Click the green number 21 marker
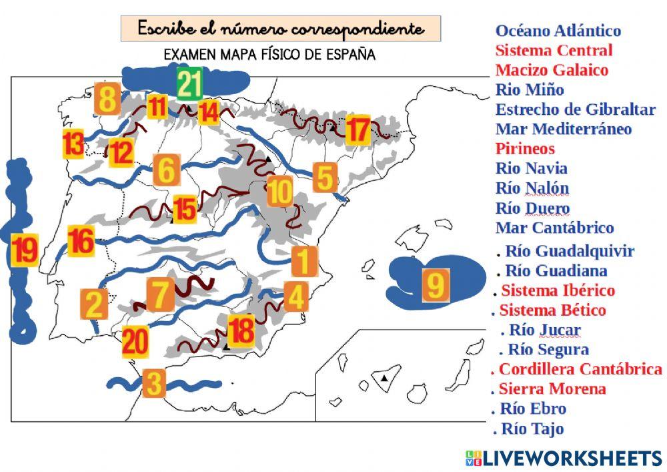pyautogui.click(x=189, y=84)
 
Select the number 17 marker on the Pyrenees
pyautogui.click(x=358, y=130)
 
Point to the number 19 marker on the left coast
pyautogui.click(x=25, y=250)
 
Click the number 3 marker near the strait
pyautogui.click(x=153, y=384)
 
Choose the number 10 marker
pyautogui.click(x=280, y=192)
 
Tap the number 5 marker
pyautogui.click(x=323, y=178)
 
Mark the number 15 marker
pyautogui.click(x=185, y=209)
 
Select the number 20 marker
pyautogui.click(x=135, y=342)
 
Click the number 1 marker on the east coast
pyautogui.click(x=303, y=260)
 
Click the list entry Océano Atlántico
pyautogui.click(x=558, y=31)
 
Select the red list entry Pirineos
pyautogui.click(x=525, y=148)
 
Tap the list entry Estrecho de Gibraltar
pyautogui.click(x=575, y=109)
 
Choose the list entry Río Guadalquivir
pyautogui.click(x=569, y=251)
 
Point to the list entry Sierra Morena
pyautogui.click(x=552, y=389)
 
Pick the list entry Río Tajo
pyautogui.click(x=532, y=428)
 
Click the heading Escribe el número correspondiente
pyautogui.click(x=280, y=29)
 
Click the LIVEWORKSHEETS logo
pyautogui.click(x=564, y=458)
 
